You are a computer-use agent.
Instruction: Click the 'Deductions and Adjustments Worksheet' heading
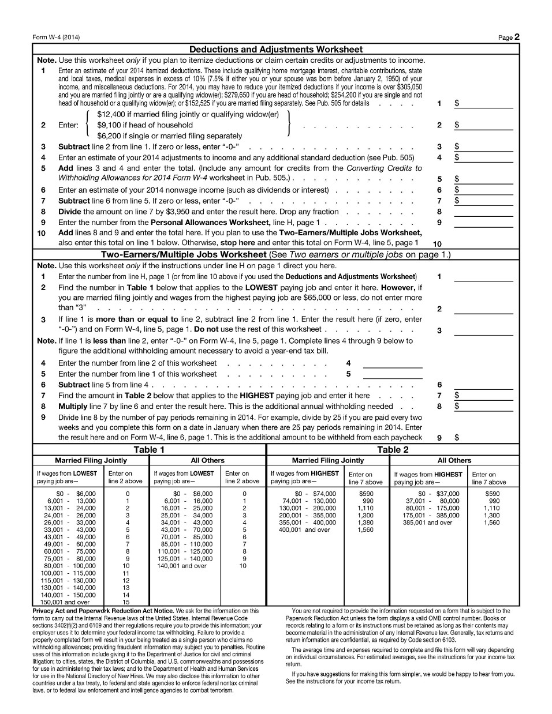coord(276,50)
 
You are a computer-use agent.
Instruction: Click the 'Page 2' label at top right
coord(509,37)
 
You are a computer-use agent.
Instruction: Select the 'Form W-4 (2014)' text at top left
coord(56,37)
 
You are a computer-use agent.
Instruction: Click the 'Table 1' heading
coord(149,450)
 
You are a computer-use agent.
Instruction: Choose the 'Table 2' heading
coord(393,450)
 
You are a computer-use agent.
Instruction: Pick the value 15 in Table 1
coord(126,602)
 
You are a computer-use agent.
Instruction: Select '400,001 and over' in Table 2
coord(304,529)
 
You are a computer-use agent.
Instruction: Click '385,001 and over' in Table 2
coord(428,523)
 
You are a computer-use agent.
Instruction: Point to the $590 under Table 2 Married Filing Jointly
coord(366,494)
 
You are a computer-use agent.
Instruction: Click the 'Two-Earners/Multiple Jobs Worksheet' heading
coord(184,255)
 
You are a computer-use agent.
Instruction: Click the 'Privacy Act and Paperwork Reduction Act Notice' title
coord(103,611)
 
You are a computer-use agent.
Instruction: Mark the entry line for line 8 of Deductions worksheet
coord(483,212)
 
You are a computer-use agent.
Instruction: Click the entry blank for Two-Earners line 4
coord(393,363)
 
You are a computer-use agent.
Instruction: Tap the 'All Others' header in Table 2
coord(454,461)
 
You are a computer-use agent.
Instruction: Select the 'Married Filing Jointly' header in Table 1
coord(91,461)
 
